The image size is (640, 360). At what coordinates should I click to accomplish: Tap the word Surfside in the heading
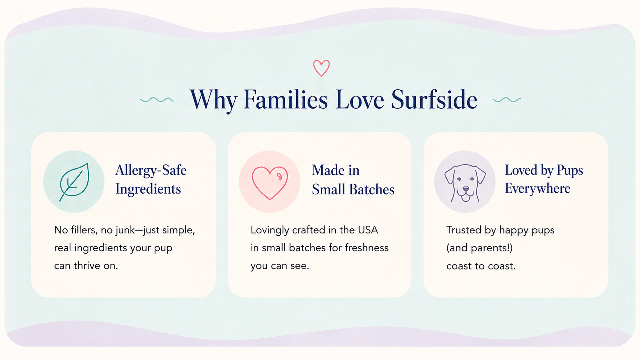434,99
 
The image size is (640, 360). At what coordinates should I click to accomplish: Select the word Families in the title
286,99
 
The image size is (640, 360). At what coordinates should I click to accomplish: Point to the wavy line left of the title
157,99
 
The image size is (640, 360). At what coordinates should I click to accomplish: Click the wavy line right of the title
506,99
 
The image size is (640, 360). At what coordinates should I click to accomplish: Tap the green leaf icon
74,182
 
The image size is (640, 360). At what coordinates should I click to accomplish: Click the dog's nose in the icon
466,189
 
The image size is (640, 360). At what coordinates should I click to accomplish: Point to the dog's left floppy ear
450,175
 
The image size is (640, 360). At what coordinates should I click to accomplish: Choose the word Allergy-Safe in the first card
151,171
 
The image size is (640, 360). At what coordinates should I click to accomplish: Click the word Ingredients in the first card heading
148,189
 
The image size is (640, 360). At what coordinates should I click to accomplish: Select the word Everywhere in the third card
537,189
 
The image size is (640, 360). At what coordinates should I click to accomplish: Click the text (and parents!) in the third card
480,248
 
